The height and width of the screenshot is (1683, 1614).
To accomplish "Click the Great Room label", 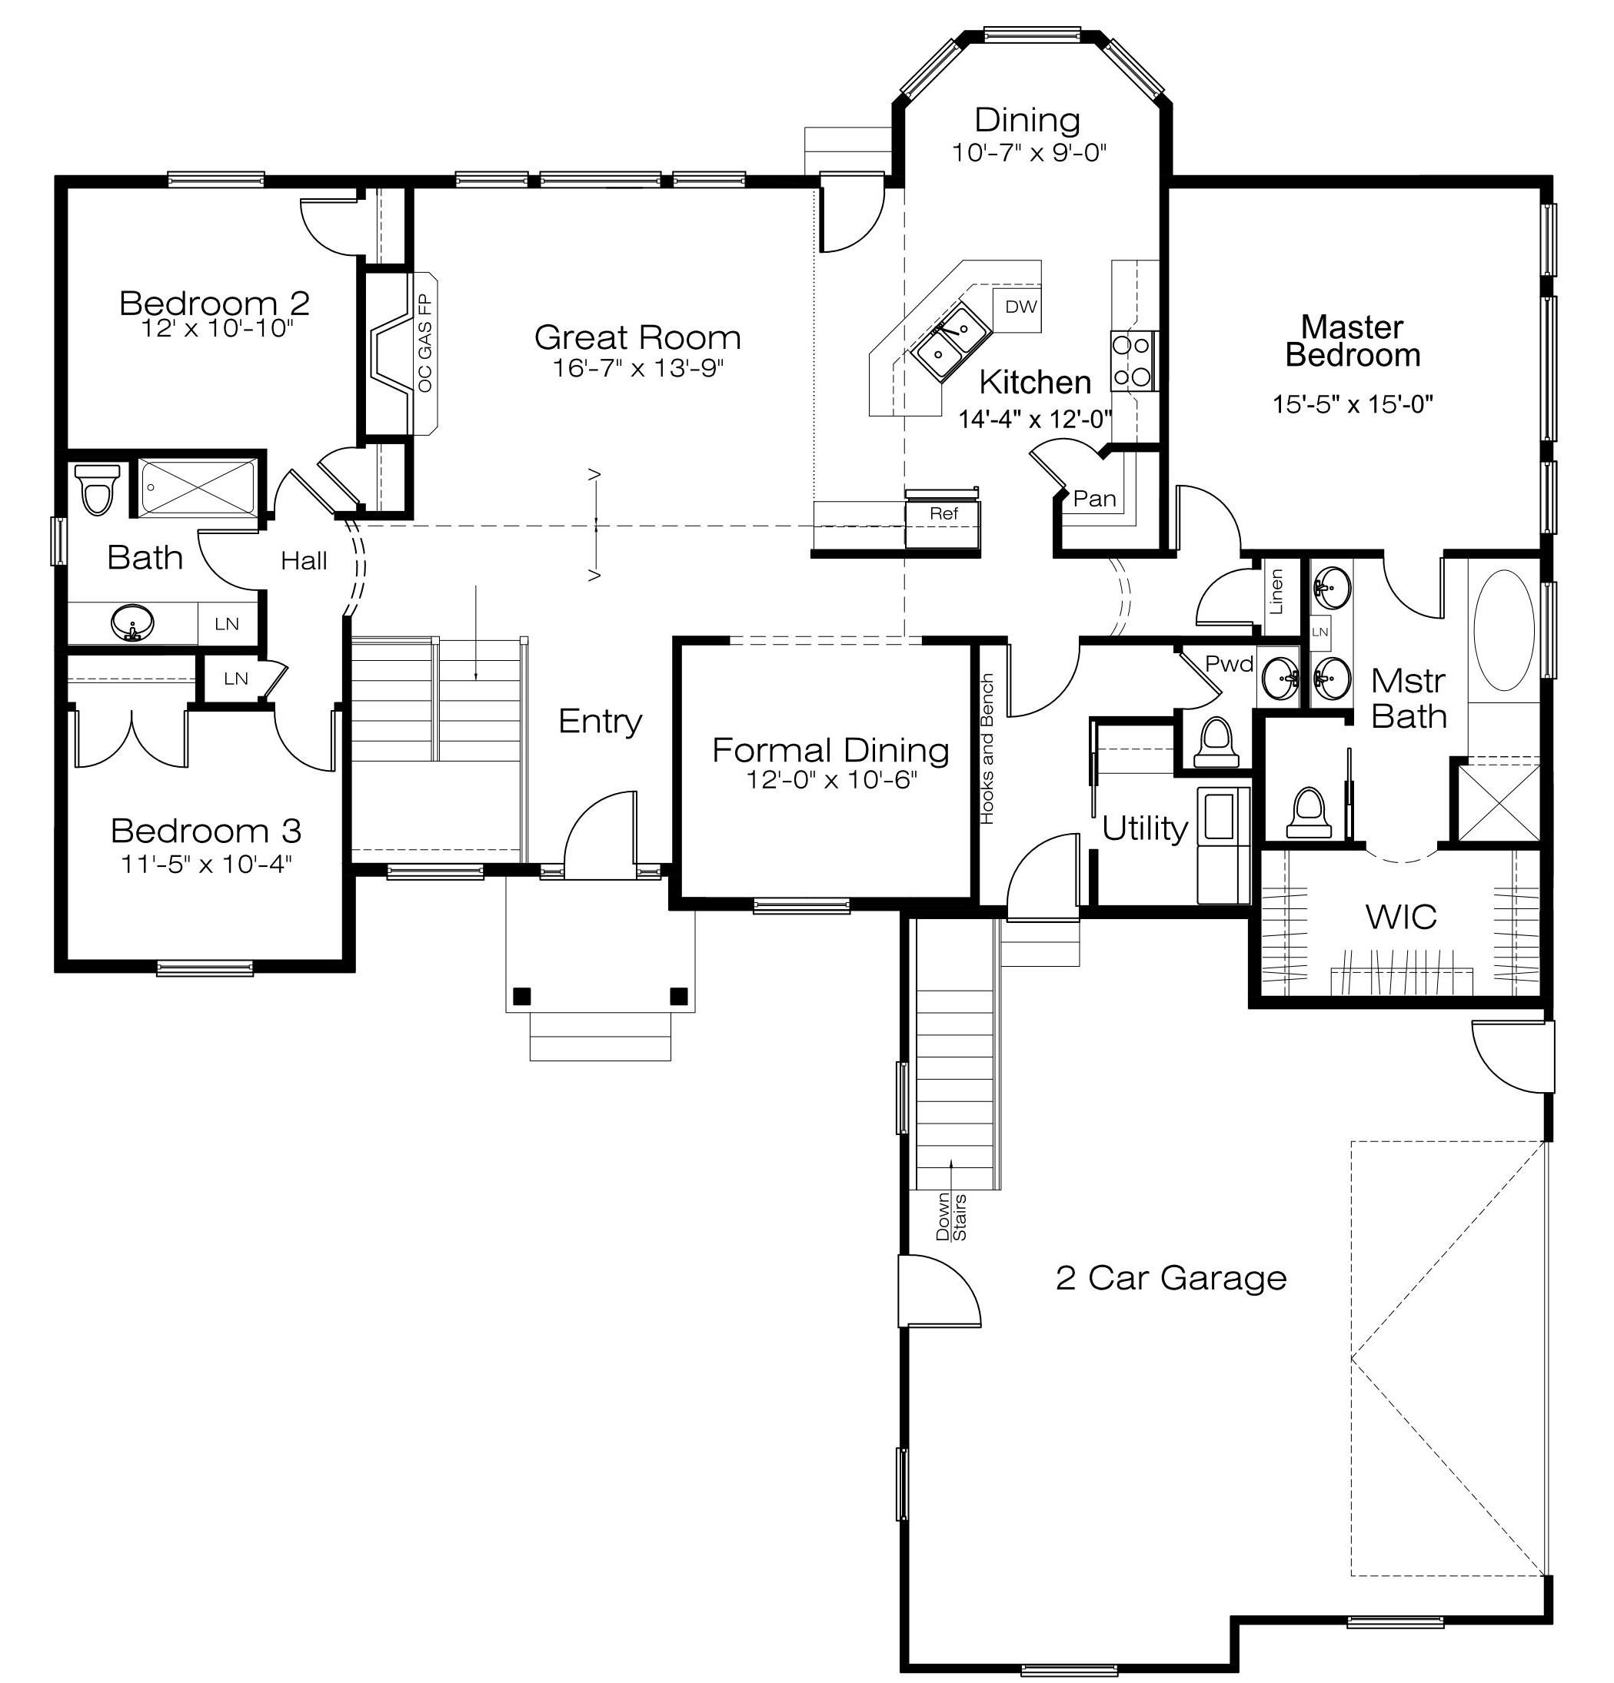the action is pos(637,337).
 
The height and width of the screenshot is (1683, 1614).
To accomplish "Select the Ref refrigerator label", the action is pos(943,513).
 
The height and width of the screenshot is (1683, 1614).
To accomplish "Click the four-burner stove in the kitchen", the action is pos(1132,360).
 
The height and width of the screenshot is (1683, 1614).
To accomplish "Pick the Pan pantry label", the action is pos(1094,498).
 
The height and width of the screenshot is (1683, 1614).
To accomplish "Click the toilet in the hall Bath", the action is pos(96,489).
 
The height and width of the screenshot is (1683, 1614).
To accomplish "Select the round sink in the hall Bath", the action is pos(132,622).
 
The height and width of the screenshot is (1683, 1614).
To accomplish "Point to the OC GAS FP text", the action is pos(425,344).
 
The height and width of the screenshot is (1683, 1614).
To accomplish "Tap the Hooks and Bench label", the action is pos(987,749).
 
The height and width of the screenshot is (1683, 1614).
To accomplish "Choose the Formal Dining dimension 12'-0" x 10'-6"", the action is pos(831,781).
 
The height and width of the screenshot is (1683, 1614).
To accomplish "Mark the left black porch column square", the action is pos(521,996).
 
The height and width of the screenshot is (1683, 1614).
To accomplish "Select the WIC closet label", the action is pos(1400,917).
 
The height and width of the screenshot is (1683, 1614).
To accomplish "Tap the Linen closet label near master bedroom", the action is pos(1276,592).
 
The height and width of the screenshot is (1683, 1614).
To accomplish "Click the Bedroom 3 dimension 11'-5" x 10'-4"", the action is pos(206,864).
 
